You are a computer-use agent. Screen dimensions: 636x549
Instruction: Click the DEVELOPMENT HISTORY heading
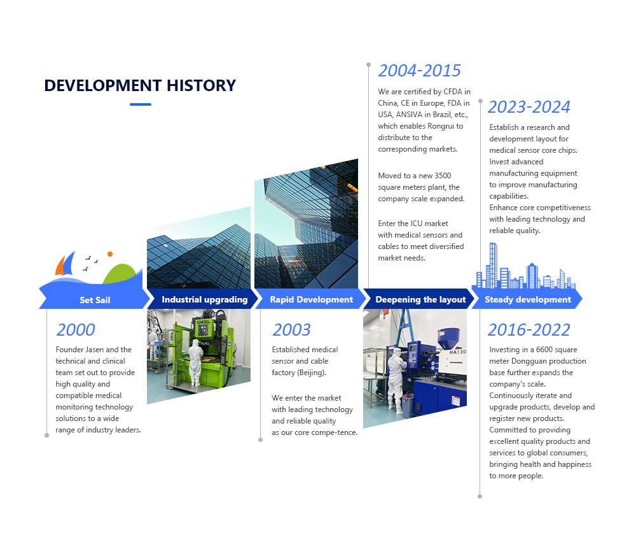coord(140,85)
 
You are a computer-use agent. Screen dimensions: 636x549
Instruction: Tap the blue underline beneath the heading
coord(141,104)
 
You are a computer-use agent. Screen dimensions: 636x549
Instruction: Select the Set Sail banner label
coord(95,300)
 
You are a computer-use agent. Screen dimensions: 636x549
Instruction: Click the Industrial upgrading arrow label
coord(204,300)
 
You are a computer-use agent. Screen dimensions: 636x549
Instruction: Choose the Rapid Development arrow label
coord(312,300)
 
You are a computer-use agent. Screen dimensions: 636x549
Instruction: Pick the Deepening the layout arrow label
coord(420,300)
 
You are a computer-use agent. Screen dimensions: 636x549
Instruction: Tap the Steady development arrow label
coord(528,300)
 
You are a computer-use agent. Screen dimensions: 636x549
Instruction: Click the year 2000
coord(76,330)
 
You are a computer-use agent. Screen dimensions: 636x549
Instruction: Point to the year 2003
coord(292,330)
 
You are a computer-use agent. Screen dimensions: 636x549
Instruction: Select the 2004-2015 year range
coord(419,71)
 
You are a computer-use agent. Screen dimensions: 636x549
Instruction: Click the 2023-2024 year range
coord(529,107)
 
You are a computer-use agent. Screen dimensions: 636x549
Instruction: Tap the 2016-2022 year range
coord(529,330)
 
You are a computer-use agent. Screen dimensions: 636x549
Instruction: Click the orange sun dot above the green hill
coord(110,254)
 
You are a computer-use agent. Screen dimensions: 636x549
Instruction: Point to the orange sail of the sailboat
coord(60,266)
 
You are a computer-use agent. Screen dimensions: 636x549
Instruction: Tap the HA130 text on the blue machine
coord(457,352)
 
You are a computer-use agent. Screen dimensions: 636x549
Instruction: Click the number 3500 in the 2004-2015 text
coord(443,176)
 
